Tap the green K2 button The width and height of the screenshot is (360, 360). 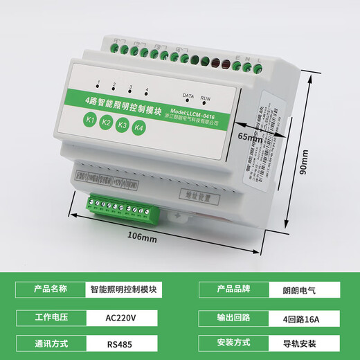[x=106, y=123]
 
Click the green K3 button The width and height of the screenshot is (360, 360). [x=123, y=125]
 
